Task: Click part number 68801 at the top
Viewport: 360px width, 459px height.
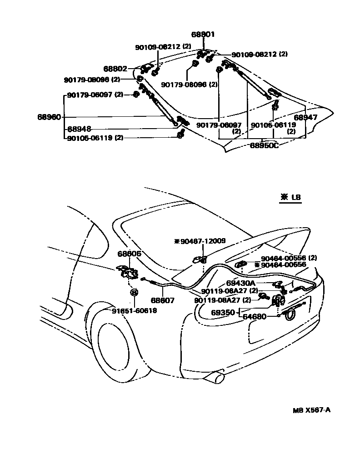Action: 203,35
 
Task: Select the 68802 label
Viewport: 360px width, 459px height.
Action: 115,69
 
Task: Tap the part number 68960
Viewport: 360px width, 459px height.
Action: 49,117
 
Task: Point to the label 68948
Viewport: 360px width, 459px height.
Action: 79,129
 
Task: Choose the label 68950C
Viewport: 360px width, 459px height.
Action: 264,145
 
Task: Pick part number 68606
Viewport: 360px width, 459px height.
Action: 130,254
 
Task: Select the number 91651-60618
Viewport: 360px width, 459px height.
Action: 134,310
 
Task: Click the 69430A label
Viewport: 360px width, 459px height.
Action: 240,283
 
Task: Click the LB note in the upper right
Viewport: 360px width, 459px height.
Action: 291,198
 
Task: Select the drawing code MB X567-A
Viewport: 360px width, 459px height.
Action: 311,410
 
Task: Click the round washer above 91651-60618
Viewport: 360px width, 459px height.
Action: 134,292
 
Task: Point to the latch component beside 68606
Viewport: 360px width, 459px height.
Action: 127,272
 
